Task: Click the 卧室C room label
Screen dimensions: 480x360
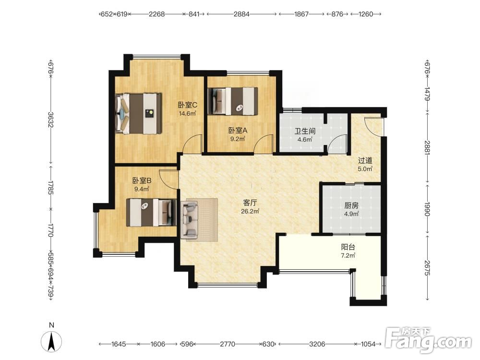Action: point(188,105)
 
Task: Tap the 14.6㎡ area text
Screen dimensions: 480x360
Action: point(187,114)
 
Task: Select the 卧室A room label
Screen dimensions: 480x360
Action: point(238,131)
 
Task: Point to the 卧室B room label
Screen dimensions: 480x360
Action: point(142,180)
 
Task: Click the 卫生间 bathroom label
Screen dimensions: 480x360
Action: point(305,132)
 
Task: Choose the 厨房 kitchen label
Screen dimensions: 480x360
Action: point(351,206)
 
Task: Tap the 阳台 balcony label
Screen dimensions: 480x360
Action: point(348,247)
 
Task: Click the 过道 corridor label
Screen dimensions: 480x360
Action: point(365,160)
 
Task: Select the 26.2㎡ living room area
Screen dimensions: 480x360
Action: point(250,211)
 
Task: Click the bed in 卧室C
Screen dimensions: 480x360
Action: point(138,113)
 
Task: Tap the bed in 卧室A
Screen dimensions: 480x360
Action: point(233,101)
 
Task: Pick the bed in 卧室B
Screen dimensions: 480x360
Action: point(152,213)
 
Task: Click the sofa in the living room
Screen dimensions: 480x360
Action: point(190,220)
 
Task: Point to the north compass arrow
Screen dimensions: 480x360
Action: point(51,341)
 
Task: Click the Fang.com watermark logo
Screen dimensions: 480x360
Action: point(428,340)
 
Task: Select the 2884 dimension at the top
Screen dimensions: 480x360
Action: point(241,14)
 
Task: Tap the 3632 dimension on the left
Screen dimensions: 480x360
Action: point(51,120)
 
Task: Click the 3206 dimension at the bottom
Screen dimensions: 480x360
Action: point(317,344)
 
